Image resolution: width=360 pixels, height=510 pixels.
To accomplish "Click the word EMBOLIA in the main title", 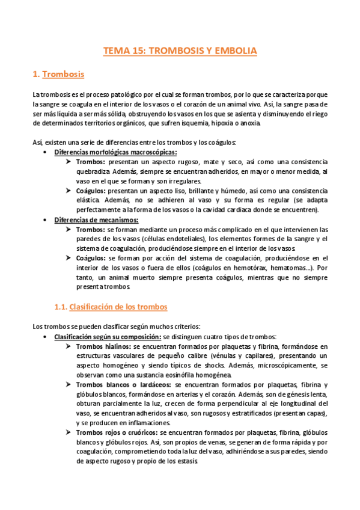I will coord(234,51).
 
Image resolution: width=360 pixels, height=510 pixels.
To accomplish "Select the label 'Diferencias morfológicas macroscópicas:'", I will coord(115,152).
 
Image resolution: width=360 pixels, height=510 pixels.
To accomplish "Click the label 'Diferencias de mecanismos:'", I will coord(96,220).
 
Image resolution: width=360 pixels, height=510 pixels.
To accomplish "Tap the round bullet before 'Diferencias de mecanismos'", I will coord(46,220).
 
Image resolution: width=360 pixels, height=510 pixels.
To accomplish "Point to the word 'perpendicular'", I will coord(221,404).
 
